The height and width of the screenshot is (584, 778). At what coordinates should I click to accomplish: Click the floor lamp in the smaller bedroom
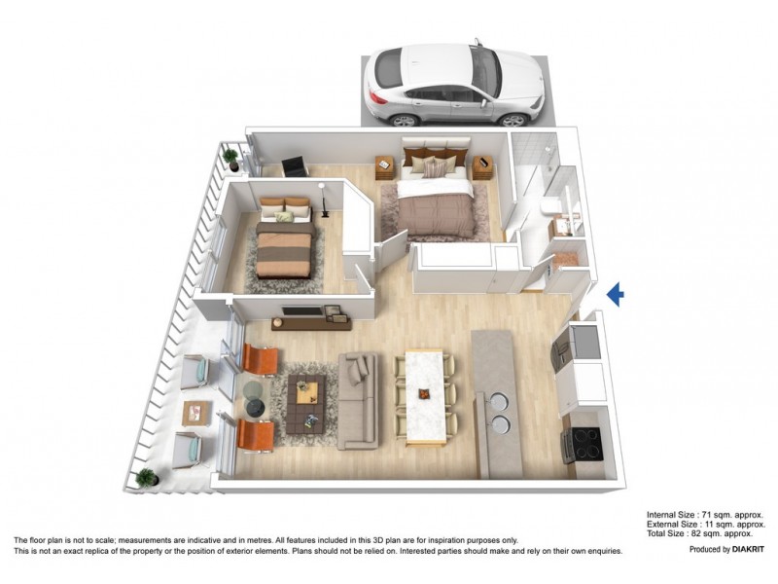[325, 200]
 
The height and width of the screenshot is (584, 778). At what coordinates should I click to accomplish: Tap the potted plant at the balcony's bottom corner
[146, 478]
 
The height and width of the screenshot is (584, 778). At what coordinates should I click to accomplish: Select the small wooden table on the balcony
[196, 412]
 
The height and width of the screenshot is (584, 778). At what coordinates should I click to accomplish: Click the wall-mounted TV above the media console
[301, 311]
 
